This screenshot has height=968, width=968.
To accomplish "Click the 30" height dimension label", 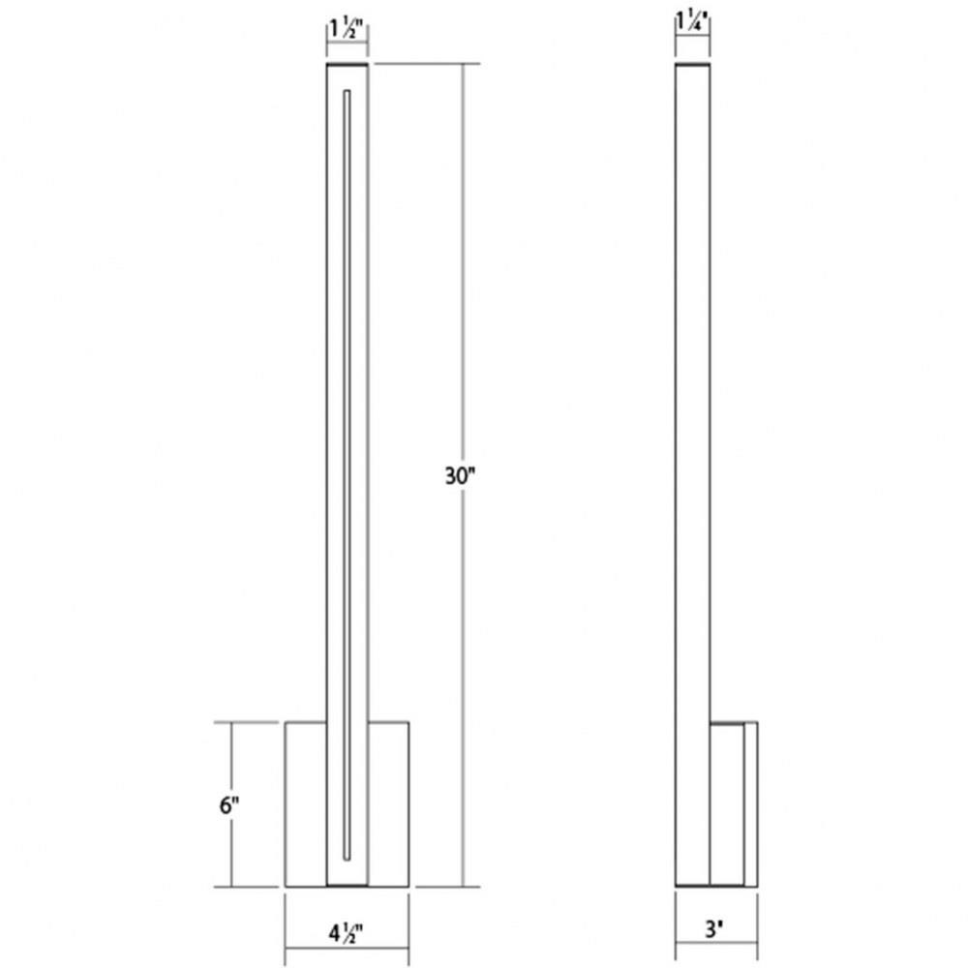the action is click(461, 476).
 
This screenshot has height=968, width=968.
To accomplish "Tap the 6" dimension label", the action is click(229, 805).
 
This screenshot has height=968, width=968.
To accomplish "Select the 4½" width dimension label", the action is click(346, 933).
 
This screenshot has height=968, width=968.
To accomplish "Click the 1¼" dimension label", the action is click(692, 21).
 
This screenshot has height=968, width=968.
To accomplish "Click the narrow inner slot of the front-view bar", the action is click(347, 474).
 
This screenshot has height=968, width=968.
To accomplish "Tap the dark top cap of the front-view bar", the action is click(347, 64).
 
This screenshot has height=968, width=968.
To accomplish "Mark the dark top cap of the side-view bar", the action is click(693, 64).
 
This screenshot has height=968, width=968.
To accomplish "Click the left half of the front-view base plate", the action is click(306, 803).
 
